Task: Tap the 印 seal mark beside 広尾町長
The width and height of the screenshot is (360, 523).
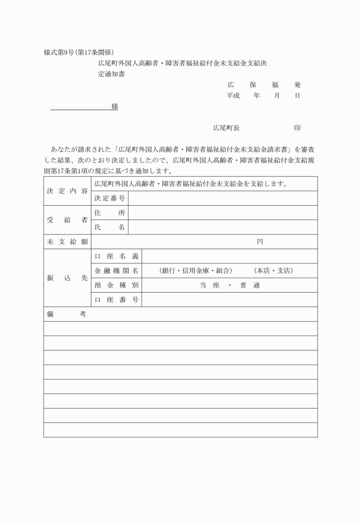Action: click(x=297, y=128)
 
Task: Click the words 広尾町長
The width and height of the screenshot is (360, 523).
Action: click(x=226, y=128)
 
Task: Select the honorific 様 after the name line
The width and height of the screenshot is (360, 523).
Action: click(x=115, y=107)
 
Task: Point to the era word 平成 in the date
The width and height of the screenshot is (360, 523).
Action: click(x=233, y=95)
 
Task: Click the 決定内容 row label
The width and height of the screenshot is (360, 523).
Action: click(x=67, y=191)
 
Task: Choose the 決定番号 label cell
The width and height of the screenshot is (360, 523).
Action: click(x=110, y=198)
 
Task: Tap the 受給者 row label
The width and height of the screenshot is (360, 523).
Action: click(x=67, y=220)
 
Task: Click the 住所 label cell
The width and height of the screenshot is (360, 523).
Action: click(x=110, y=213)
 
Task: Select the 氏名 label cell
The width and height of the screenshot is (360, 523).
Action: click(x=110, y=227)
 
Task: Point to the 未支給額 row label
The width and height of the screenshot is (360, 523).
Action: click(x=67, y=242)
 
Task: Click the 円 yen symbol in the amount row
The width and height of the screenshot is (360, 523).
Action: click(x=260, y=242)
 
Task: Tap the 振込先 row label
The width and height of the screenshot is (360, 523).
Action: click(x=67, y=278)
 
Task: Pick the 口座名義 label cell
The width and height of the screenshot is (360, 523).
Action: click(x=117, y=256)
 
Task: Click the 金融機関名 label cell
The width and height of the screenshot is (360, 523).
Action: click(x=117, y=270)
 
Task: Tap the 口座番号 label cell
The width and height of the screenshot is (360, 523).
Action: click(x=117, y=300)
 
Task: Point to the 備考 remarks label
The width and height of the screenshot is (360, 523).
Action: click(x=66, y=314)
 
